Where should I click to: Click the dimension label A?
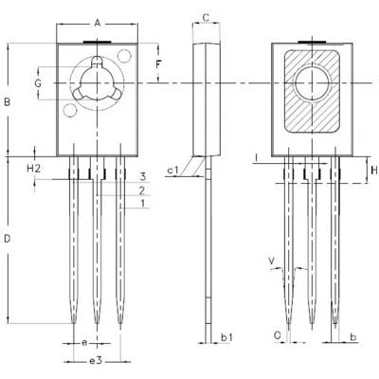(x=98, y=23)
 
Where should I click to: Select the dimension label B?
(x=7, y=102)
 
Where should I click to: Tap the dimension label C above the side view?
(x=206, y=18)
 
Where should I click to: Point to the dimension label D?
(x=8, y=239)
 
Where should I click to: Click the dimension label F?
(x=158, y=64)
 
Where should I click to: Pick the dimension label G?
(x=38, y=83)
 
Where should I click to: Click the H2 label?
(x=33, y=169)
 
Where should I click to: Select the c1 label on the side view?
(x=172, y=171)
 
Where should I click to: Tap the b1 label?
(x=226, y=337)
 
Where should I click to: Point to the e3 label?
(x=96, y=360)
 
